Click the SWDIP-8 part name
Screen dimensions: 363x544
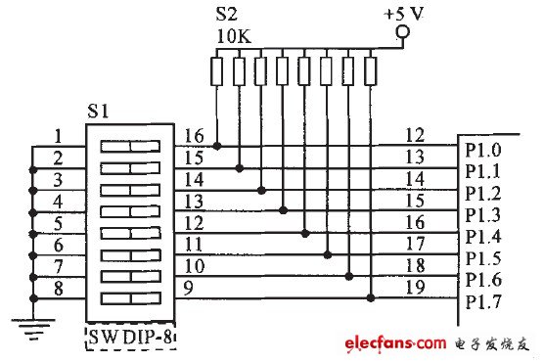click(x=129, y=339)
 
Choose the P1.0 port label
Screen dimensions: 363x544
click(x=482, y=152)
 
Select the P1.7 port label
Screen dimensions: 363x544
click(x=482, y=301)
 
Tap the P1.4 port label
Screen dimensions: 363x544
click(x=482, y=237)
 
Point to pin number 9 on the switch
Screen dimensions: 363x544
click(x=188, y=286)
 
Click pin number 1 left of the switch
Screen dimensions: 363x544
click(x=59, y=137)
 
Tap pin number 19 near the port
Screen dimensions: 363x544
click(x=413, y=287)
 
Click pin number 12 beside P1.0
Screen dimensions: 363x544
click(x=413, y=136)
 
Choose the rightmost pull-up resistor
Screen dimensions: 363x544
click(x=371, y=71)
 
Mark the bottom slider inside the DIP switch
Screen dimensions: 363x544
click(x=129, y=297)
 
